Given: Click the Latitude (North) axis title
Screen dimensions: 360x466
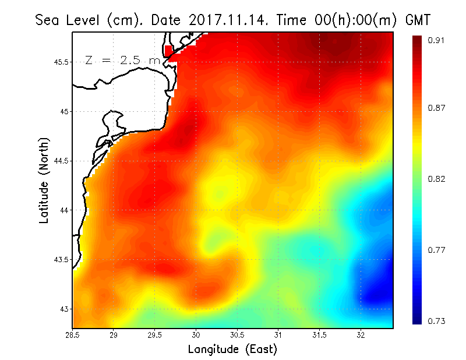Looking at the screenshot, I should (44, 180).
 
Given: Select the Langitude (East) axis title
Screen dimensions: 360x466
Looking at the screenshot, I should (232, 350).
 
